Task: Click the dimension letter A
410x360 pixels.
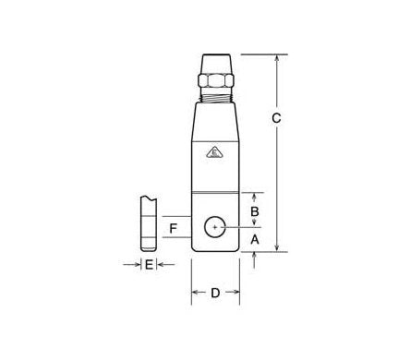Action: (x=256, y=238)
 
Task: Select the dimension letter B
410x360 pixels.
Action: (x=256, y=211)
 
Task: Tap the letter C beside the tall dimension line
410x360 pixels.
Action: (x=289, y=118)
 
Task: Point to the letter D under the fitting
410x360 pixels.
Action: (x=215, y=294)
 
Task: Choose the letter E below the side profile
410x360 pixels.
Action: (x=148, y=265)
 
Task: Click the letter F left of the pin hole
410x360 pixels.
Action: (x=172, y=227)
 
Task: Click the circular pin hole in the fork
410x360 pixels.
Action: (x=214, y=225)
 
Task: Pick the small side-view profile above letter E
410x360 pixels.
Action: (x=146, y=224)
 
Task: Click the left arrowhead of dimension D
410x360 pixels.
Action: (x=195, y=294)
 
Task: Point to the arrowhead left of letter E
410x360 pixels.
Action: (x=135, y=265)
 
